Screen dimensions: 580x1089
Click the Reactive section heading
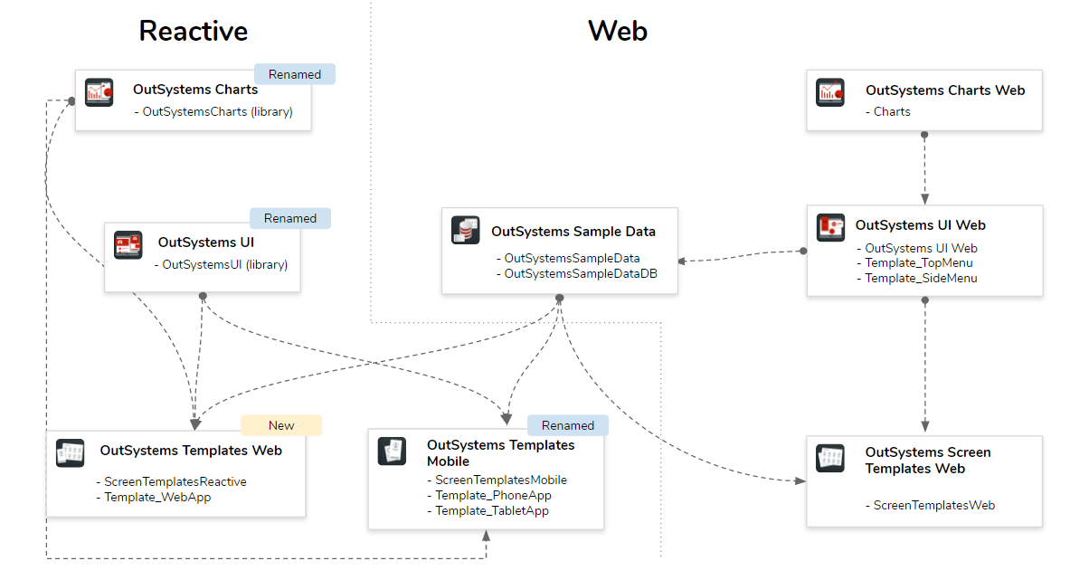coord(193,31)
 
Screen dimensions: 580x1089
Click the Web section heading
coord(618,31)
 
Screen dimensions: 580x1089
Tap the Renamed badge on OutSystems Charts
coord(294,74)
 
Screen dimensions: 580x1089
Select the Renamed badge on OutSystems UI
coord(289,218)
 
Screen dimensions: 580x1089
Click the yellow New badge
coord(280,425)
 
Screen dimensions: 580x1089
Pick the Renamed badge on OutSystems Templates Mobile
coord(567,425)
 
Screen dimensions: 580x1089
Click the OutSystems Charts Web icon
coord(830,91)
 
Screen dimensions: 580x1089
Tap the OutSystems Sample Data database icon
coord(465,231)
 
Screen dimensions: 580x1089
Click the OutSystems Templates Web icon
coord(71,452)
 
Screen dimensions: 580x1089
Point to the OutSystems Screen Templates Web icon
coord(830,458)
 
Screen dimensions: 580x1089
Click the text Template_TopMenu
coord(919,263)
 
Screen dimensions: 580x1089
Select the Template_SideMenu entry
coord(921,278)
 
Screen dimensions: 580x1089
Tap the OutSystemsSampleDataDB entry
coord(580,273)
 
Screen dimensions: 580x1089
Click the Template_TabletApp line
coord(491,510)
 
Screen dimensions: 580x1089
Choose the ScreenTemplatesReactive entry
coord(175,481)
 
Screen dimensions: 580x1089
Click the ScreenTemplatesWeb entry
coord(933,505)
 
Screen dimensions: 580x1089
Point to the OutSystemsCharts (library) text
coord(217,112)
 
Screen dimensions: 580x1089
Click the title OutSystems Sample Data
coord(573,231)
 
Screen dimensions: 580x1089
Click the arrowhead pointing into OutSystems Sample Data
coord(683,261)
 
